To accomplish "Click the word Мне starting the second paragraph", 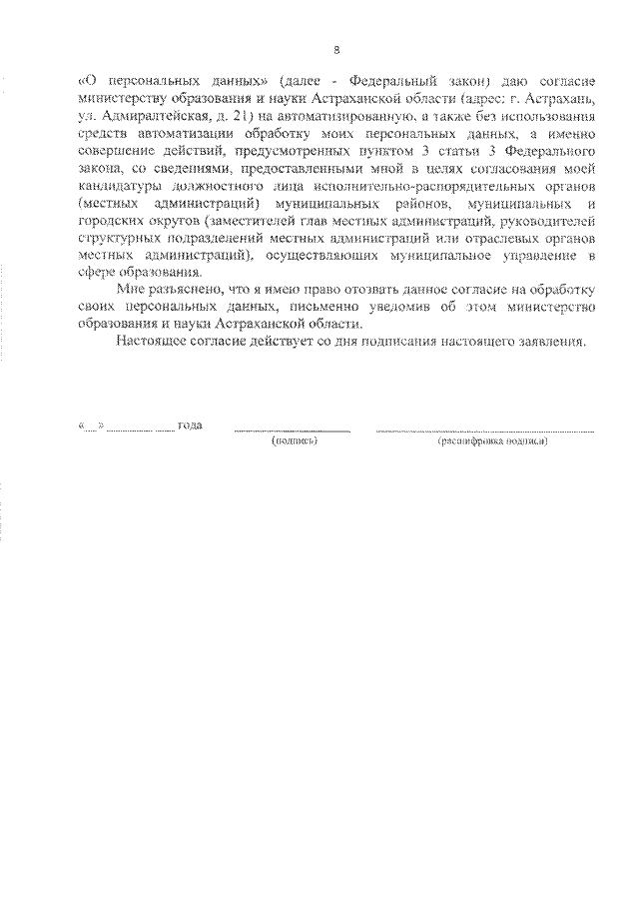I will coord(130,290).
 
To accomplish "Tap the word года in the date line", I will coord(190,426).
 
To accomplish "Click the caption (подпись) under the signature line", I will coord(294,441).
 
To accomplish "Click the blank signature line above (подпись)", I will coord(293,430).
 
